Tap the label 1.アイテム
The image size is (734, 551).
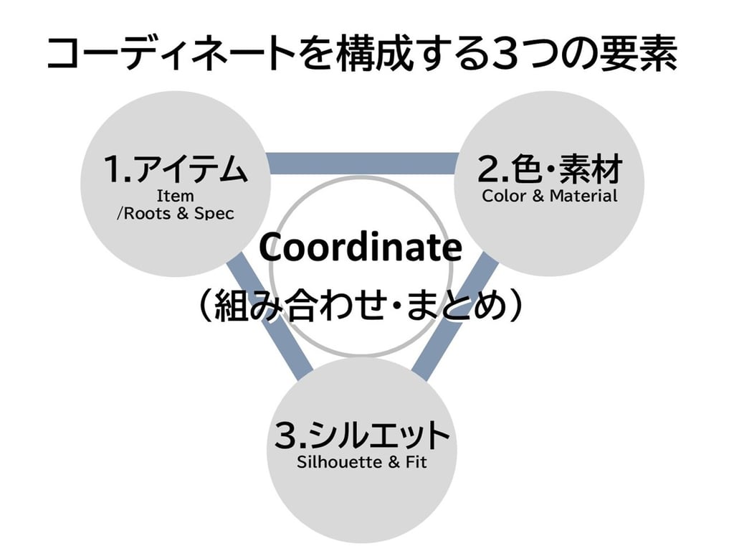click(x=176, y=170)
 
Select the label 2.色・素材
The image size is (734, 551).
click(x=550, y=170)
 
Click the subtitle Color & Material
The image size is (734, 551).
click(x=550, y=196)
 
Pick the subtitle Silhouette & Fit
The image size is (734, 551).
click(x=362, y=462)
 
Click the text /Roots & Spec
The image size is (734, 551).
click(x=176, y=214)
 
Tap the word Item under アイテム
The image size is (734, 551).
click(x=176, y=196)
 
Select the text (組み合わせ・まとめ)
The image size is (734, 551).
click(x=361, y=307)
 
